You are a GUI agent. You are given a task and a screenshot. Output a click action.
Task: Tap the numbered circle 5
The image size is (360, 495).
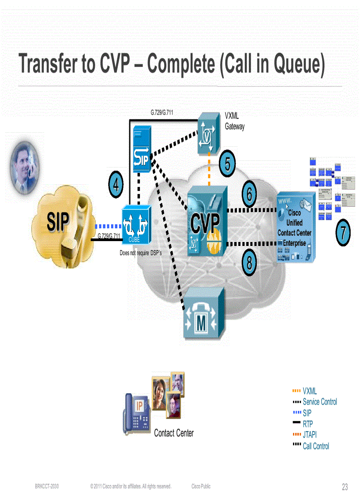227,164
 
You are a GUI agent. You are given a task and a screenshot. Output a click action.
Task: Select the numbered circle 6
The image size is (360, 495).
249,194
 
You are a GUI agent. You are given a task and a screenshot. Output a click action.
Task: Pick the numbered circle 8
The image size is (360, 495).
249,263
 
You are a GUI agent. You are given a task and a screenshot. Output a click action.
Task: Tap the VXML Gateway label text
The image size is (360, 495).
234,121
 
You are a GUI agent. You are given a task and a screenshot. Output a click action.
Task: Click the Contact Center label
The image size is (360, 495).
174,433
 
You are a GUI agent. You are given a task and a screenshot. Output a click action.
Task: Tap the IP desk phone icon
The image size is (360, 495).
137,414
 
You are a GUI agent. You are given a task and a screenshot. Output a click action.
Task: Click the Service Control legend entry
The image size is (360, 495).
319,402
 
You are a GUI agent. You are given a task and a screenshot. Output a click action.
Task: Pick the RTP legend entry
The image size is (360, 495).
307,424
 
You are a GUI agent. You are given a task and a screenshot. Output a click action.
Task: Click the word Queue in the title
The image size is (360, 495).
294,65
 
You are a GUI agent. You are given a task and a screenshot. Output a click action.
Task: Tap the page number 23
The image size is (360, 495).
345,487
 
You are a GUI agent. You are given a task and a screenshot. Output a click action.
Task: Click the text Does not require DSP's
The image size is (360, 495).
141,253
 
